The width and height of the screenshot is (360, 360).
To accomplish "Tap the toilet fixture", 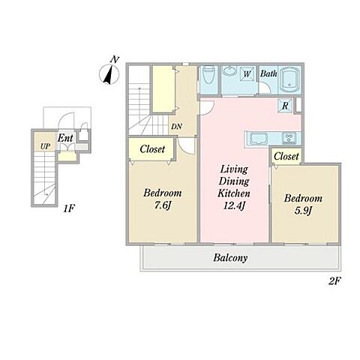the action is click(x=208, y=75).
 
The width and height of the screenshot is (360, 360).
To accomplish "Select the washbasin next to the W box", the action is click(x=229, y=70).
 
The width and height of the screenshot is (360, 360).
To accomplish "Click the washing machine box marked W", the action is click(x=247, y=73).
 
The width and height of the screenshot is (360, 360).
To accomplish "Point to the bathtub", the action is click(x=289, y=79).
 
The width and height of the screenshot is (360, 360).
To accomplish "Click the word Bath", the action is click(x=268, y=73).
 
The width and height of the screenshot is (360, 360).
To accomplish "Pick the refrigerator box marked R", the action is click(x=285, y=106).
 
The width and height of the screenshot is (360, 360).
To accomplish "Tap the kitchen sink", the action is click(x=259, y=139).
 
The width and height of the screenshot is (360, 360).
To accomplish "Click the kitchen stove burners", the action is click(x=289, y=138).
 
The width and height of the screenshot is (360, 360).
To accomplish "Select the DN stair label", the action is click(x=176, y=127).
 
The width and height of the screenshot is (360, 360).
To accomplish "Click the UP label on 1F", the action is click(x=45, y=146).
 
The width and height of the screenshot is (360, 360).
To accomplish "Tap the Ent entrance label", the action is click(x=65, y=138).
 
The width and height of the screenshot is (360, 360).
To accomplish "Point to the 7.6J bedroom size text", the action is click(x=162, y=205).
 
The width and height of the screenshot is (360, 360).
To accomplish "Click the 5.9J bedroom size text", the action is click(x=303, y=211).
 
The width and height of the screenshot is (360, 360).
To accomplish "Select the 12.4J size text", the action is click(x=233, y=205).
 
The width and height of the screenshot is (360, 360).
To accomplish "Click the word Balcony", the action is click(x=230, y=258).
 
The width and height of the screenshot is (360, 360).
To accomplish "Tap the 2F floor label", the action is click(x=334, y=281).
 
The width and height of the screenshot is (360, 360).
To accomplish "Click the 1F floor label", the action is click(x=69, y=208).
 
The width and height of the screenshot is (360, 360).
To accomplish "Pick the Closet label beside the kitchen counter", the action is click(x=286, y=157).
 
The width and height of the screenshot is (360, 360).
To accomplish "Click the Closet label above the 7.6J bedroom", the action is click(x=152, y=149).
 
